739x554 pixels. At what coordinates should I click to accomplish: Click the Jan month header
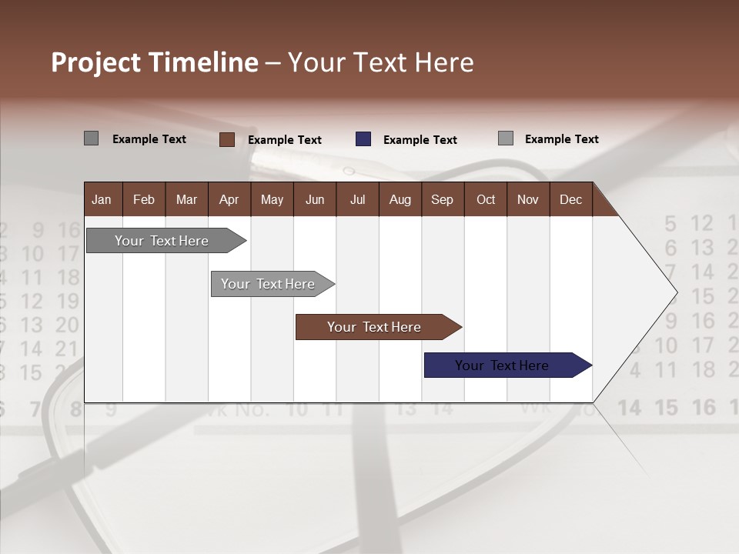point(102,199)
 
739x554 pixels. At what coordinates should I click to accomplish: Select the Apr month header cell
point(229,199)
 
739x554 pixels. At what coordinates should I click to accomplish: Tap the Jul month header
point(357,199)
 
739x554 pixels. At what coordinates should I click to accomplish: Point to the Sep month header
point(442,199)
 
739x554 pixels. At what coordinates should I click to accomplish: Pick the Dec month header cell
point(570,199)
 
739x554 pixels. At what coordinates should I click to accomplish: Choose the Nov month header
point(527,199)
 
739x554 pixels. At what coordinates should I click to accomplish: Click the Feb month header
point(144,199)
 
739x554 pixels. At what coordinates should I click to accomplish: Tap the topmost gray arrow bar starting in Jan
point(162,241)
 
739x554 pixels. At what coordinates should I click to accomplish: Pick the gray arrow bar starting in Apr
point(269,284)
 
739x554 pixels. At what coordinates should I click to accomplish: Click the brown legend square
point(226,139)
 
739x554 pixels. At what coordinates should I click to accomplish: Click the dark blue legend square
point(363,139)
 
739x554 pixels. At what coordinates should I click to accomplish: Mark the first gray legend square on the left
point(91,138)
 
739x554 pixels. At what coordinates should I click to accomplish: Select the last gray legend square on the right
point(506,138)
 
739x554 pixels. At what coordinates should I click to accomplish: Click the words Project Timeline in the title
point(154,62)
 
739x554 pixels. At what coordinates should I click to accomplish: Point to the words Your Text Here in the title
point(381,62)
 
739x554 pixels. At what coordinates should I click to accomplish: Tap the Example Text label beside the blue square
point(420,140)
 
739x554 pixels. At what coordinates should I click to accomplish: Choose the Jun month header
point(314,199)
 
